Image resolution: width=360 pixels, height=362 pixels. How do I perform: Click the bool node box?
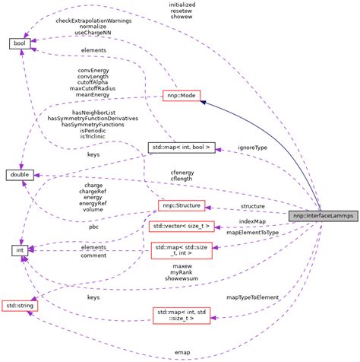[20, 43]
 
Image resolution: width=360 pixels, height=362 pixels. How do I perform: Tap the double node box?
[20, 176]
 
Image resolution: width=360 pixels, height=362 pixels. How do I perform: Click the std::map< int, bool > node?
[180, 146]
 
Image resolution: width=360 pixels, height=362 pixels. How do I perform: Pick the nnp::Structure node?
[179, 205]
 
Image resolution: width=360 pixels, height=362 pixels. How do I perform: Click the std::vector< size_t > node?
[181, 226]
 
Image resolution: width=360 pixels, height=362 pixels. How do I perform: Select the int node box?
[20, 249]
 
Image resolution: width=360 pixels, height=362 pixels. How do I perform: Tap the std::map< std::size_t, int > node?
[181, 250]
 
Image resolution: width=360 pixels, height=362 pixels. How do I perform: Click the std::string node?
[20, 304]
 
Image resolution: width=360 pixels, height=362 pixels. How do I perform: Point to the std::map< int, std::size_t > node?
[181, 316]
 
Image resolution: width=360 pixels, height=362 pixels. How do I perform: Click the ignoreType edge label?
[252, 147]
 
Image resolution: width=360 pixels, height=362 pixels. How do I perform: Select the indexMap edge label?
[252, 221]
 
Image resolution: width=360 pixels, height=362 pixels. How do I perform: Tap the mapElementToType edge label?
[252, 232]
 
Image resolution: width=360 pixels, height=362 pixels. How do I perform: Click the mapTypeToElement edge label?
[252, 297]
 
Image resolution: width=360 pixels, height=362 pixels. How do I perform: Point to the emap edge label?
[182, 352]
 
